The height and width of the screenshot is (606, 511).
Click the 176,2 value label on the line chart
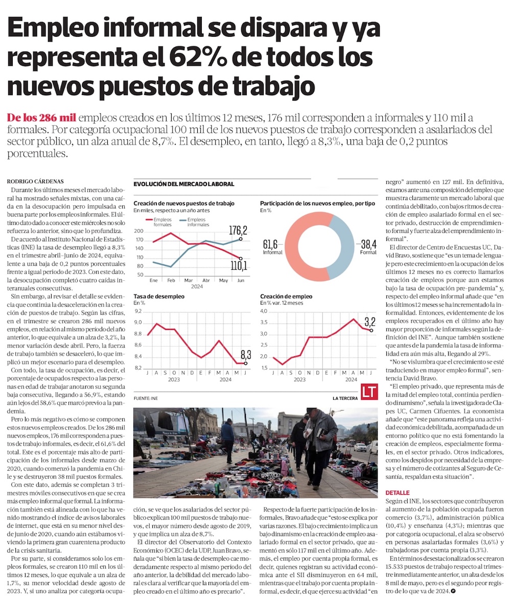coord(238,229)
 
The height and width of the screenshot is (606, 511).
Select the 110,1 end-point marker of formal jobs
coord(241,258)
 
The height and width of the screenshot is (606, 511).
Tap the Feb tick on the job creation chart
coord(171,281)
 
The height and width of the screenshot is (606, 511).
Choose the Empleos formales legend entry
coord(163,222)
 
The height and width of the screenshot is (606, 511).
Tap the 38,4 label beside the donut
coord(368,244)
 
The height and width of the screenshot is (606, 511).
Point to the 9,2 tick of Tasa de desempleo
coord(138,311)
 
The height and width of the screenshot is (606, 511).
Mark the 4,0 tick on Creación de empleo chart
coord(265,311)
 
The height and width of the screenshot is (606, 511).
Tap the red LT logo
coord(369,392)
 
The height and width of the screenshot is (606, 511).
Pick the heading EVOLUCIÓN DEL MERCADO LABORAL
coord(183,184)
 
